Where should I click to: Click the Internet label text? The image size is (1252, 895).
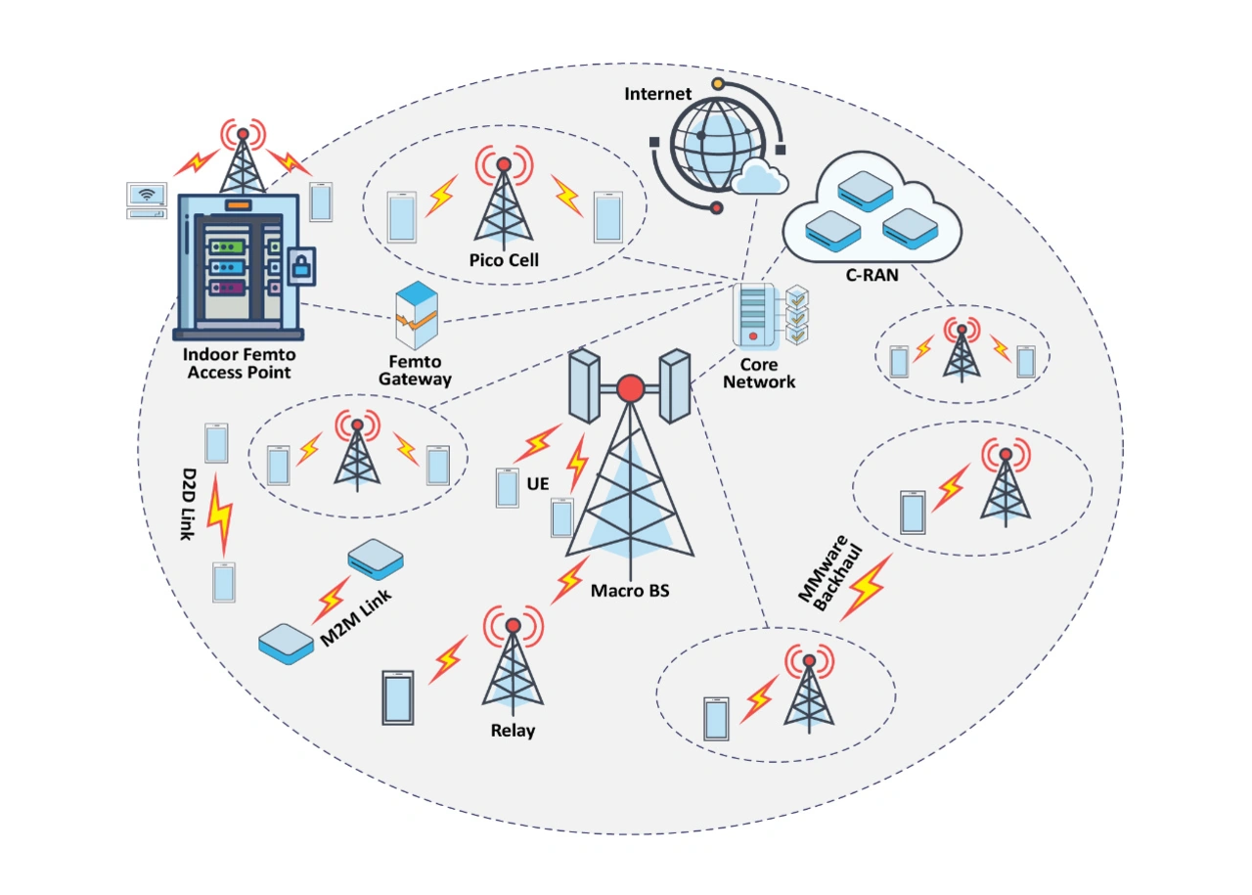pos(658,94)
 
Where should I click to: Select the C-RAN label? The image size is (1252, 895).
pos(872,277)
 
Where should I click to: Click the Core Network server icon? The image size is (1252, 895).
pos(752,315)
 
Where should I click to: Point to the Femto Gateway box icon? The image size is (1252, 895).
pos(416,315)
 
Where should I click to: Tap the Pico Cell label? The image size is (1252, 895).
pos(503,260)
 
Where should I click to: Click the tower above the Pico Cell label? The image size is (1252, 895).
pos(504,201)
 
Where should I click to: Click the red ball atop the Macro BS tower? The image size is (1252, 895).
pos(630,389)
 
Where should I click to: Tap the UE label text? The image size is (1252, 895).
pos(537,483)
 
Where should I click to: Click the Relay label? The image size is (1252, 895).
pos(513,730)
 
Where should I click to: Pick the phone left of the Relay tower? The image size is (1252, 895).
pos(398,697)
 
